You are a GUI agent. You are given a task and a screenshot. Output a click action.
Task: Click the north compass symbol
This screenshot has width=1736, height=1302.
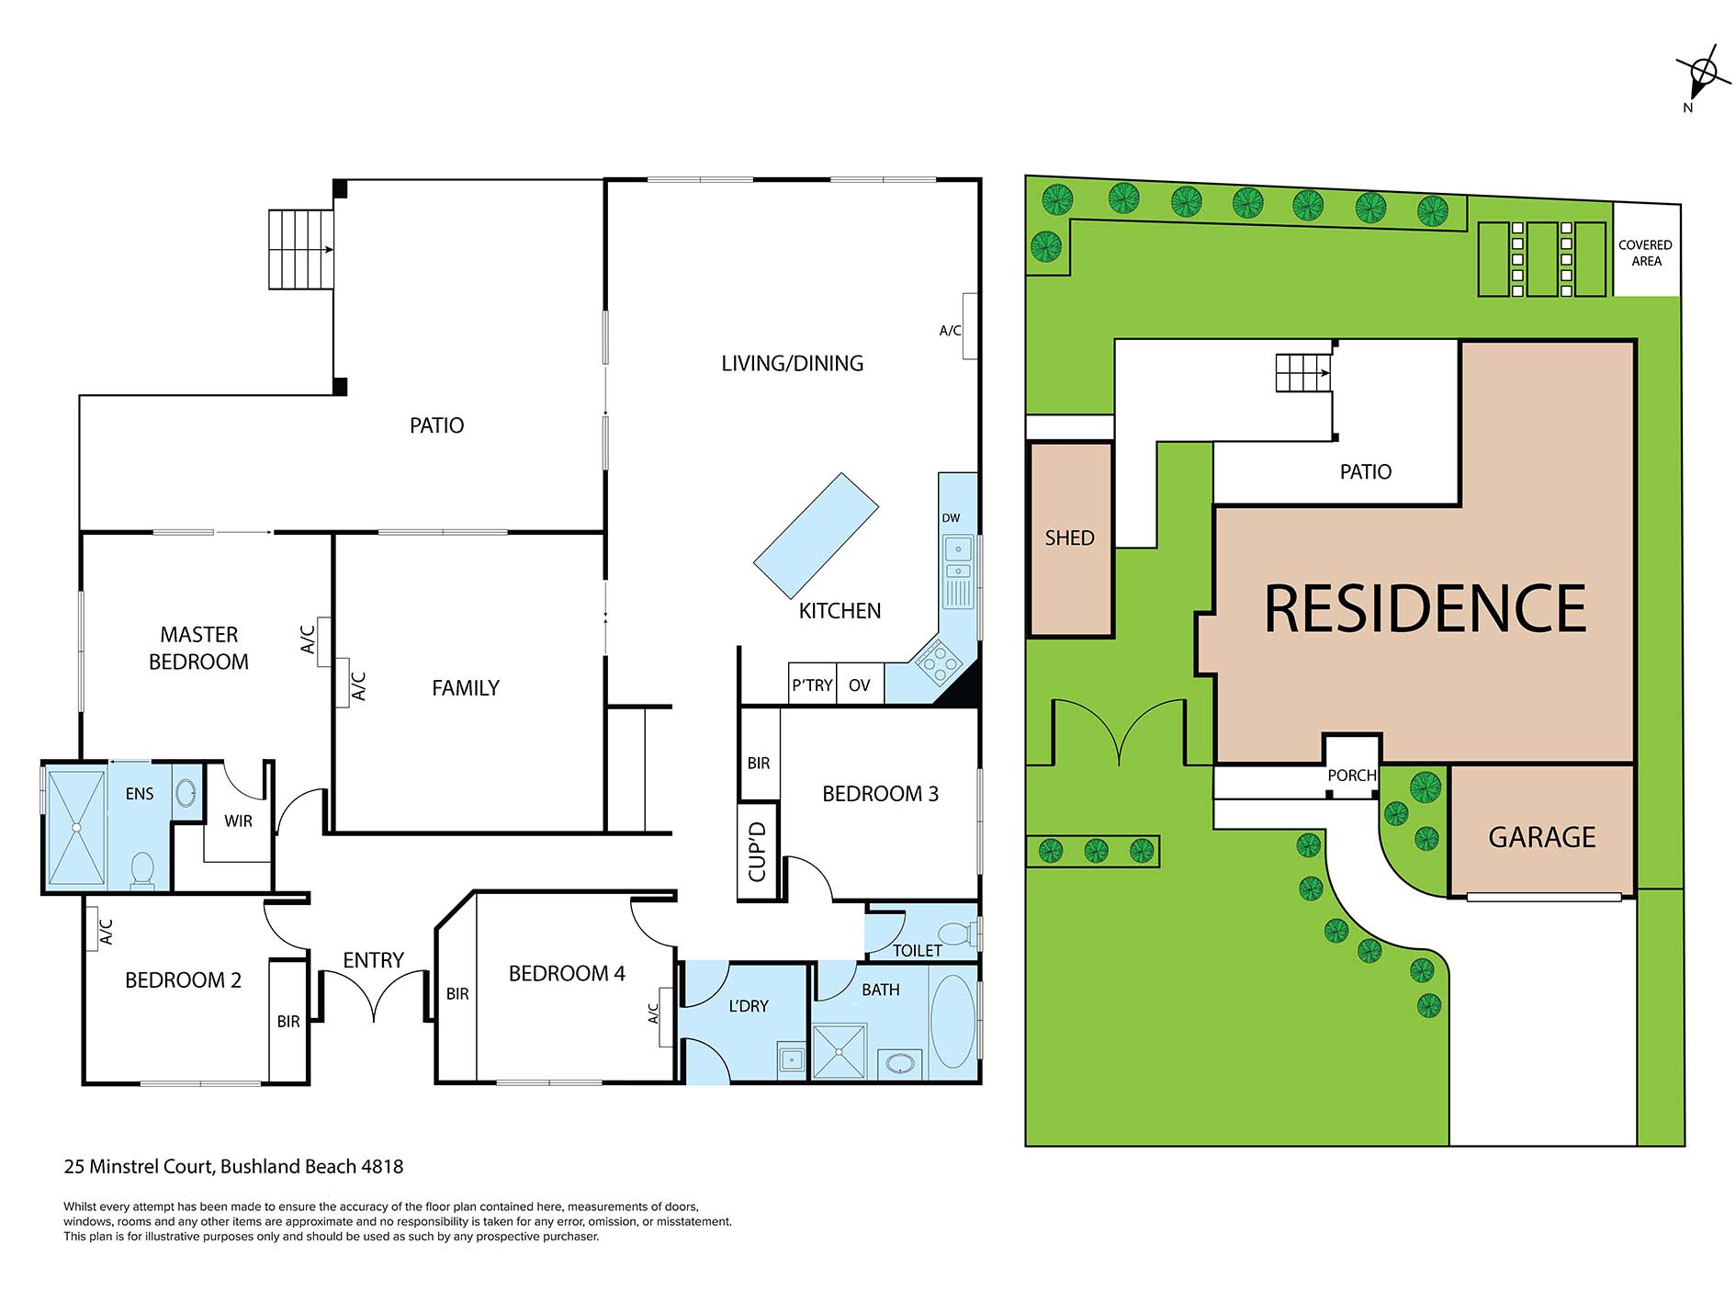pyautogui.click(x=1702, y=74)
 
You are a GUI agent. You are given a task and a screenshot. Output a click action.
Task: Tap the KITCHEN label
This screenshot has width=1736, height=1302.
pyautogui.click(x=840, y=611)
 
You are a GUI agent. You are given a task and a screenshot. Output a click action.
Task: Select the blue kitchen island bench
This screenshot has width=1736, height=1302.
pyautogui.click(x=816, y=535)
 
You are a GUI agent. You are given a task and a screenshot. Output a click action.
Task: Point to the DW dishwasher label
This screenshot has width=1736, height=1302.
pyautogui.click(x=951, y=518)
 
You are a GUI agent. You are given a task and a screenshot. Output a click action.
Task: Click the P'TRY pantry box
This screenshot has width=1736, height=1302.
pyautogui.click(x=812, y=685)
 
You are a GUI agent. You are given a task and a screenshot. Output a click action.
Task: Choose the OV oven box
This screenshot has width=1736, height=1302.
pyautogui.click(x=860, y=685)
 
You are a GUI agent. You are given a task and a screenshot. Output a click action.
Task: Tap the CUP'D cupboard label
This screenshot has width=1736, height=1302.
pyautogui.click(x=758, y=852)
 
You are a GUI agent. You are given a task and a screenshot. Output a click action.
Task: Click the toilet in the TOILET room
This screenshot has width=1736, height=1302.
pyautogui.click(x=958, y=934)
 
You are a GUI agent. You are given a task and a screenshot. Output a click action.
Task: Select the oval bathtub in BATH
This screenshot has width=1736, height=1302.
pyautogui.click(x=953, y=1022)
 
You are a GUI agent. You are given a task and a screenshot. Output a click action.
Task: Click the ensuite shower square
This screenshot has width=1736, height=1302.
pyautogui.click(x=76, y=828)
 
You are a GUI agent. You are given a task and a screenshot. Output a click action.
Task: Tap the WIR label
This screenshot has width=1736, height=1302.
pyautogui.click(x=238, y=821)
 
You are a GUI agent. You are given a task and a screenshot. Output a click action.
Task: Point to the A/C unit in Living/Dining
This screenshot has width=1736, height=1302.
pyautogui.click(x=969, y=326)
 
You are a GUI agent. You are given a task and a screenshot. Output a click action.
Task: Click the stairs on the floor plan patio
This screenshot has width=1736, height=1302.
pyautogui.click(x=300, y=249)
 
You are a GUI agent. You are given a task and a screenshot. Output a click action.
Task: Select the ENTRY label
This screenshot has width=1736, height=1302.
pyautogui.click(x=373, y=960)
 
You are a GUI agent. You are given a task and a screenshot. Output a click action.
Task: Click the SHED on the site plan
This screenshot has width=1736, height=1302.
pyautogui.click(x=1070, y=538)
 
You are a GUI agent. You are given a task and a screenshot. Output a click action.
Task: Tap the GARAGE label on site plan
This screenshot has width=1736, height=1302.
pyautogui.click(x=1541, y=837)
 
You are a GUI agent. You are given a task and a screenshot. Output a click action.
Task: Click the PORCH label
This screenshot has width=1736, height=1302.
pyautogui.click(x=1351, y=776)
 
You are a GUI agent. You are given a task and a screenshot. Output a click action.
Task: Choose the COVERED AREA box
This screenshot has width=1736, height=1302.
pyautogui.click(x=1646, y=253)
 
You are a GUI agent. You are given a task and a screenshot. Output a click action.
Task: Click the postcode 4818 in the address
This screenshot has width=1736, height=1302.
pyautogui.click(x=382, y=1167)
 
